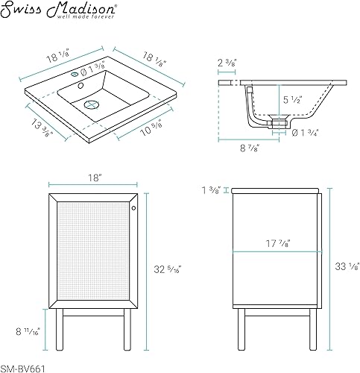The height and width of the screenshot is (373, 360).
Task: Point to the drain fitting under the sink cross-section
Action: (279, 120)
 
